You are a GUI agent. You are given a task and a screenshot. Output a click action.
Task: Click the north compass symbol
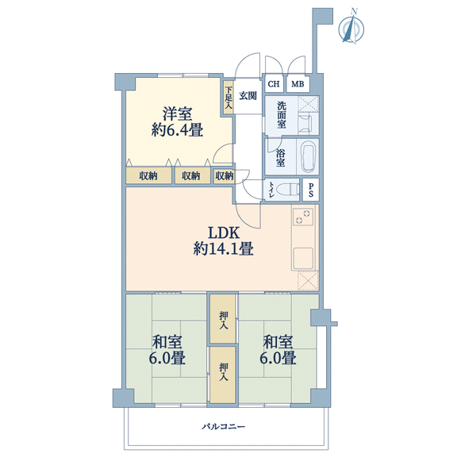click(351, 28)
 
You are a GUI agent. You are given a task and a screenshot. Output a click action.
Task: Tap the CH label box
click(274, 84)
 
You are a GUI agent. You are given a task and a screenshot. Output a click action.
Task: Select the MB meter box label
click(298, 84)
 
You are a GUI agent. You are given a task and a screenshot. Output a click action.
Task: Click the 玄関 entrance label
click(248, 95)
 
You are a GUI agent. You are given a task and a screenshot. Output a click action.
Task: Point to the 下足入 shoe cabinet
click(228, 98)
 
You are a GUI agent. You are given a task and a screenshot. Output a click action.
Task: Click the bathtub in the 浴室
click(309, 157)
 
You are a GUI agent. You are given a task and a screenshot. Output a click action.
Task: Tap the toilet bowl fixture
click(287, 190)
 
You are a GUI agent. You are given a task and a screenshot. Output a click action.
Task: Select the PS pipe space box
click(311, 190)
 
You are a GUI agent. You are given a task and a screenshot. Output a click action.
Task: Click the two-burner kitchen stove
click(303, 217)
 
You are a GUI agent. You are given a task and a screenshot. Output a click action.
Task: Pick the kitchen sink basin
click(303, 258)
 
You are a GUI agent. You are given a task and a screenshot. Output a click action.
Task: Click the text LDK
click(224, 233)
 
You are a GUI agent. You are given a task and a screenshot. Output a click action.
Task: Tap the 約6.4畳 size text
click(177, 129)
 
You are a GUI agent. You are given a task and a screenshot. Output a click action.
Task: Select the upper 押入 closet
click(223, 319)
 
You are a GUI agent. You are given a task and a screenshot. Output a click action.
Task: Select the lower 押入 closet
click(223, 374)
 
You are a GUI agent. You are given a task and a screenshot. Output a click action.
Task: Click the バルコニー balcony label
click(224, 427)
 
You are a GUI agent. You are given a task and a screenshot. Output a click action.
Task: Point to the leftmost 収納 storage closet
click(148, 176)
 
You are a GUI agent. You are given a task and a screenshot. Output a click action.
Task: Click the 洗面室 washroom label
click(282, 115)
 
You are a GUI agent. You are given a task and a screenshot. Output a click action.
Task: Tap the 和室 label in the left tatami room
click(167, 342)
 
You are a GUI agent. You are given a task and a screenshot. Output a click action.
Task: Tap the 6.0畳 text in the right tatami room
click(278, 358)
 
